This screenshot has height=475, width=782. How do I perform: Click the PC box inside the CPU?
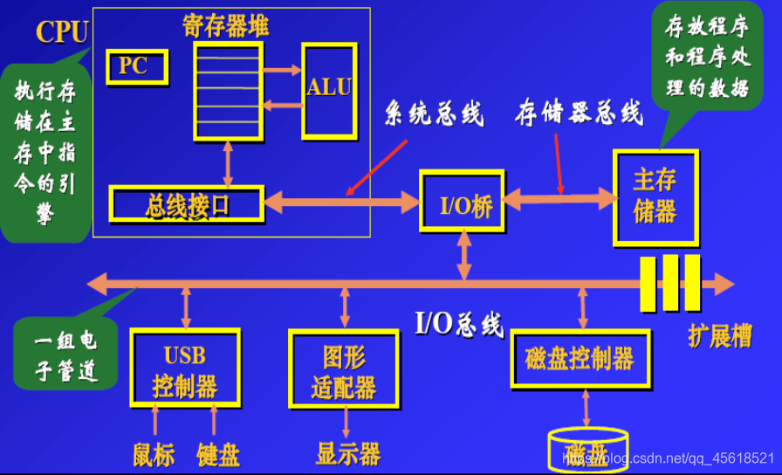click(135, 66)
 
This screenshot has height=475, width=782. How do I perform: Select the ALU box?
click(328, 89)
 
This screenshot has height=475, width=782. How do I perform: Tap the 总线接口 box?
click(186, 203)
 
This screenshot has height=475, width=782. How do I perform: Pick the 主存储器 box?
click(655, 197)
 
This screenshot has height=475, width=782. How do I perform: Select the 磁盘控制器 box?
click(580, 359)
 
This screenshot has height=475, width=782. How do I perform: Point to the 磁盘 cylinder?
click(586, 451)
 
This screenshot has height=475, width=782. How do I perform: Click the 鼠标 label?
click(154, 454)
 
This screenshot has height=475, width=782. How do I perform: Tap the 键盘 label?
click(217, 454)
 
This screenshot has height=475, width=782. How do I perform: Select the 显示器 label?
click(347, 453)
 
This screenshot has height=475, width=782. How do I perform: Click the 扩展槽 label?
click(720, 337)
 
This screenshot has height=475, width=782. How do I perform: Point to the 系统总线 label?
click(435, 114)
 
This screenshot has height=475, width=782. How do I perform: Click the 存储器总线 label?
click(579, 113)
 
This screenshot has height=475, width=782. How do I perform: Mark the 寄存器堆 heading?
click(226, 25)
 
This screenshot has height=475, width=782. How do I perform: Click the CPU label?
click(62, 32)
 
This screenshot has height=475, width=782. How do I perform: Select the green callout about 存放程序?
click(707, 59)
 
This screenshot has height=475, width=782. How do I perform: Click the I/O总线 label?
click(459, 324)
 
